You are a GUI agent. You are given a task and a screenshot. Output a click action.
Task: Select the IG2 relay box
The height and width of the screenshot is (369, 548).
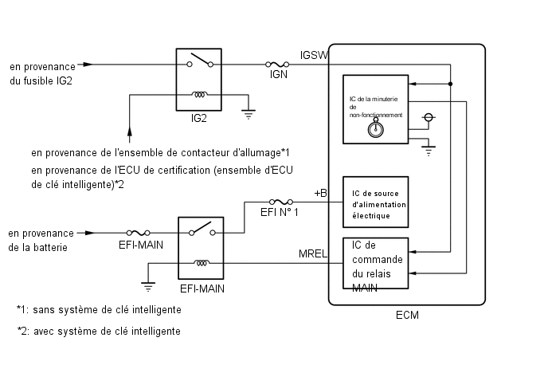(199, 80)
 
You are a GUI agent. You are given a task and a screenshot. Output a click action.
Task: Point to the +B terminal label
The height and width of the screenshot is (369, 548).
(320, 194)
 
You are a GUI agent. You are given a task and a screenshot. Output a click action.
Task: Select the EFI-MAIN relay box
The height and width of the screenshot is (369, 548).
(201, 249)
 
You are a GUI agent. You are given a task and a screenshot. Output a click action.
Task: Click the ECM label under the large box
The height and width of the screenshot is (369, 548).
(406, 316)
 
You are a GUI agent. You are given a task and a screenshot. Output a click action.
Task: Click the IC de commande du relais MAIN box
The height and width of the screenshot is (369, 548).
(374, 267)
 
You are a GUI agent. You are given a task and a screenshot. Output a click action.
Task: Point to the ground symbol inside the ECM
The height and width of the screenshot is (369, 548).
(429, 149)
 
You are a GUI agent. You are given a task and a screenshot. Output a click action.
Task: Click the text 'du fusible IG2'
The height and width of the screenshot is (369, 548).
(41, 81)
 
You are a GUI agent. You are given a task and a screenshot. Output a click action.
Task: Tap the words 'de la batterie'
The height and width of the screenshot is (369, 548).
(37, 248)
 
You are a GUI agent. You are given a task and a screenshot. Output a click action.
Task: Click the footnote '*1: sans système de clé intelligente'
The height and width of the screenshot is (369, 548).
(99, 309)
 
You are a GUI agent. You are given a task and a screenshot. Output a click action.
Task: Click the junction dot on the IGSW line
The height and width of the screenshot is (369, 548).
(450, 84)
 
